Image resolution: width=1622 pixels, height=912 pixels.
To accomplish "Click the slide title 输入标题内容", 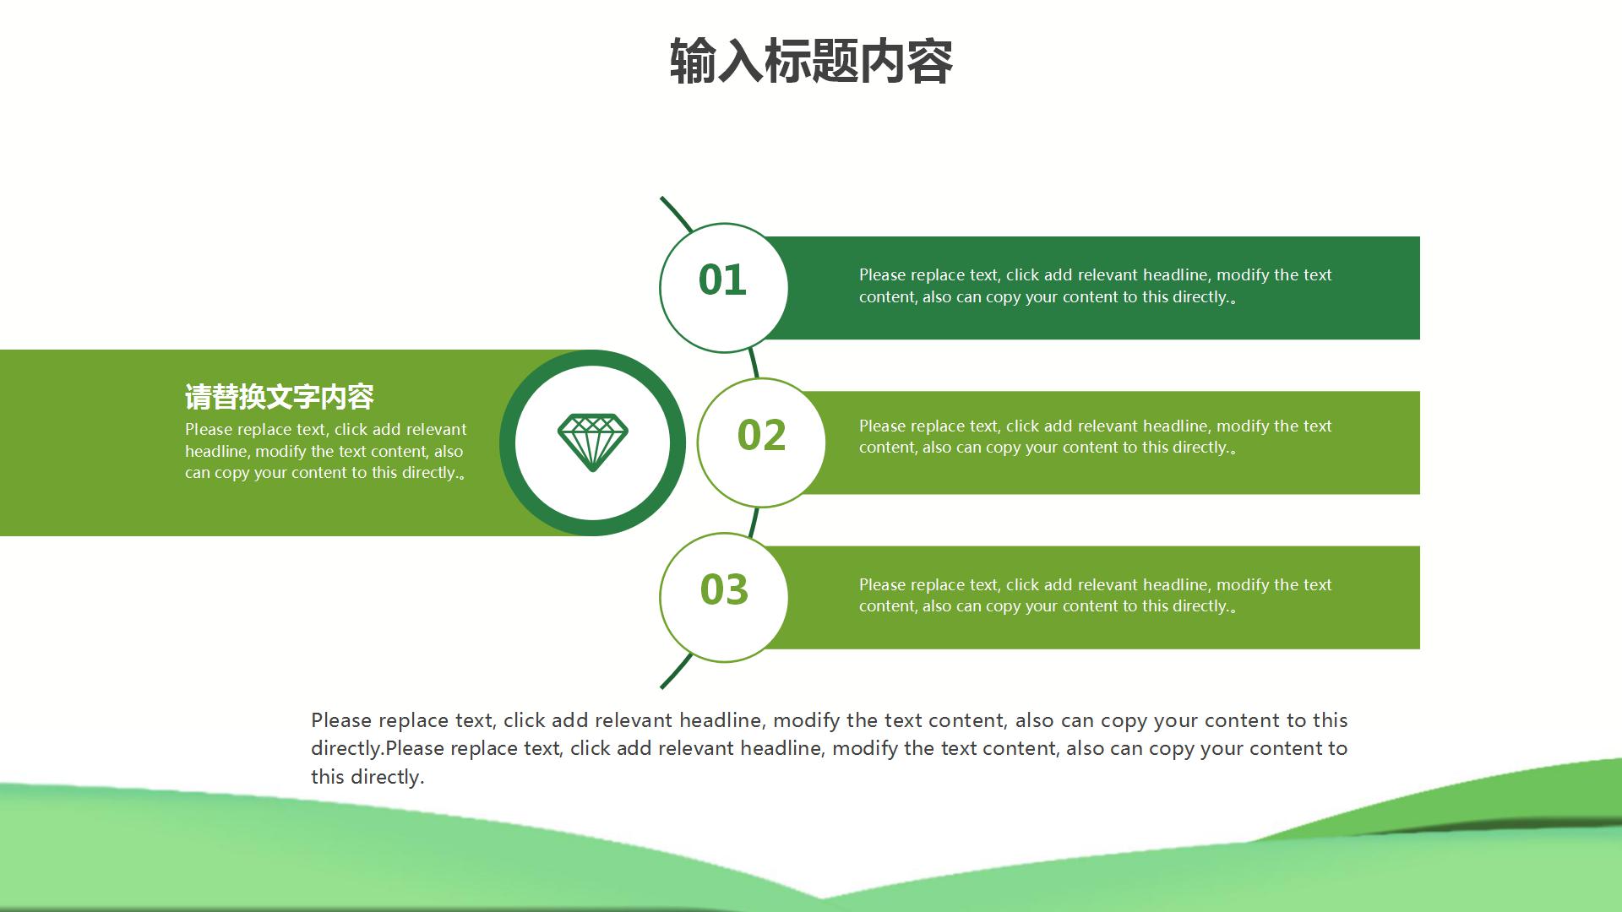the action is click(811, 62).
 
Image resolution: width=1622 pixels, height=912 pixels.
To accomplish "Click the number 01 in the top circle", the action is click(722, 280).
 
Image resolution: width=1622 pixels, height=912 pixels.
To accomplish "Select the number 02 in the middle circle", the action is click(761, 435).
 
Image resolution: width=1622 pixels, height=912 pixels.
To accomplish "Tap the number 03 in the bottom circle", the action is click(724, 589).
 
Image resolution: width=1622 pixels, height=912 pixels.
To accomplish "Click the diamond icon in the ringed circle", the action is click(593, 442).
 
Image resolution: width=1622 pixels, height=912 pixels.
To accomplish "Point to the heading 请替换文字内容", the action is click(280, 396).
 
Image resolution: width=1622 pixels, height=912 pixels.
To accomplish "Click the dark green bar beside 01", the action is click(1098, 288).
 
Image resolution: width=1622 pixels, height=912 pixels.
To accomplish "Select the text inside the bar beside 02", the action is click(1095, 437).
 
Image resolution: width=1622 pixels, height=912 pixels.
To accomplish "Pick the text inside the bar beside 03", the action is click(1095, 595).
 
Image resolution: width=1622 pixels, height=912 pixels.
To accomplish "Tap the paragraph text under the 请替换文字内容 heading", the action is click(326, 451).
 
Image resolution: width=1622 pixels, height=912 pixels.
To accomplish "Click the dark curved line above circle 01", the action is click(676, 214).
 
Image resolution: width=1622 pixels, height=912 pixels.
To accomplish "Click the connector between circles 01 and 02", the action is click(754, 363).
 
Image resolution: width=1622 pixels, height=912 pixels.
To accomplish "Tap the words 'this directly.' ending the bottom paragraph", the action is click(367, 777).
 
